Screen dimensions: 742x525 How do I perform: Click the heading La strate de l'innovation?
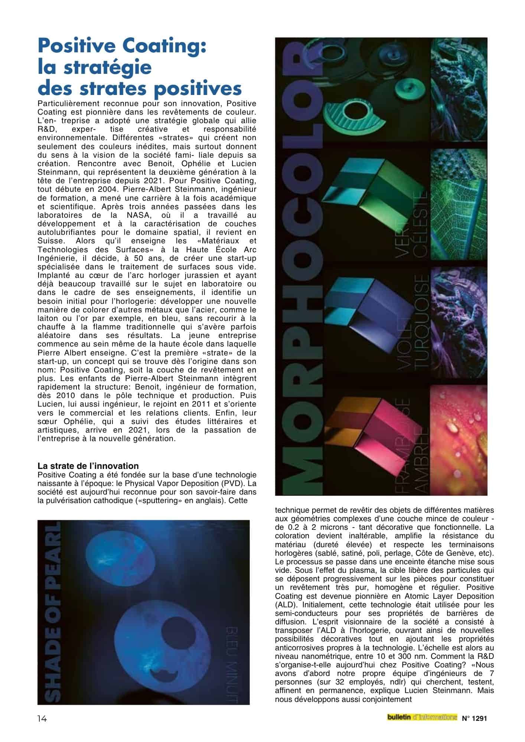(88, 466)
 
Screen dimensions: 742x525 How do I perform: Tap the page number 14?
(42, 719)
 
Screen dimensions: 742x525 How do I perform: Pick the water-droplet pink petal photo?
(459, 440)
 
